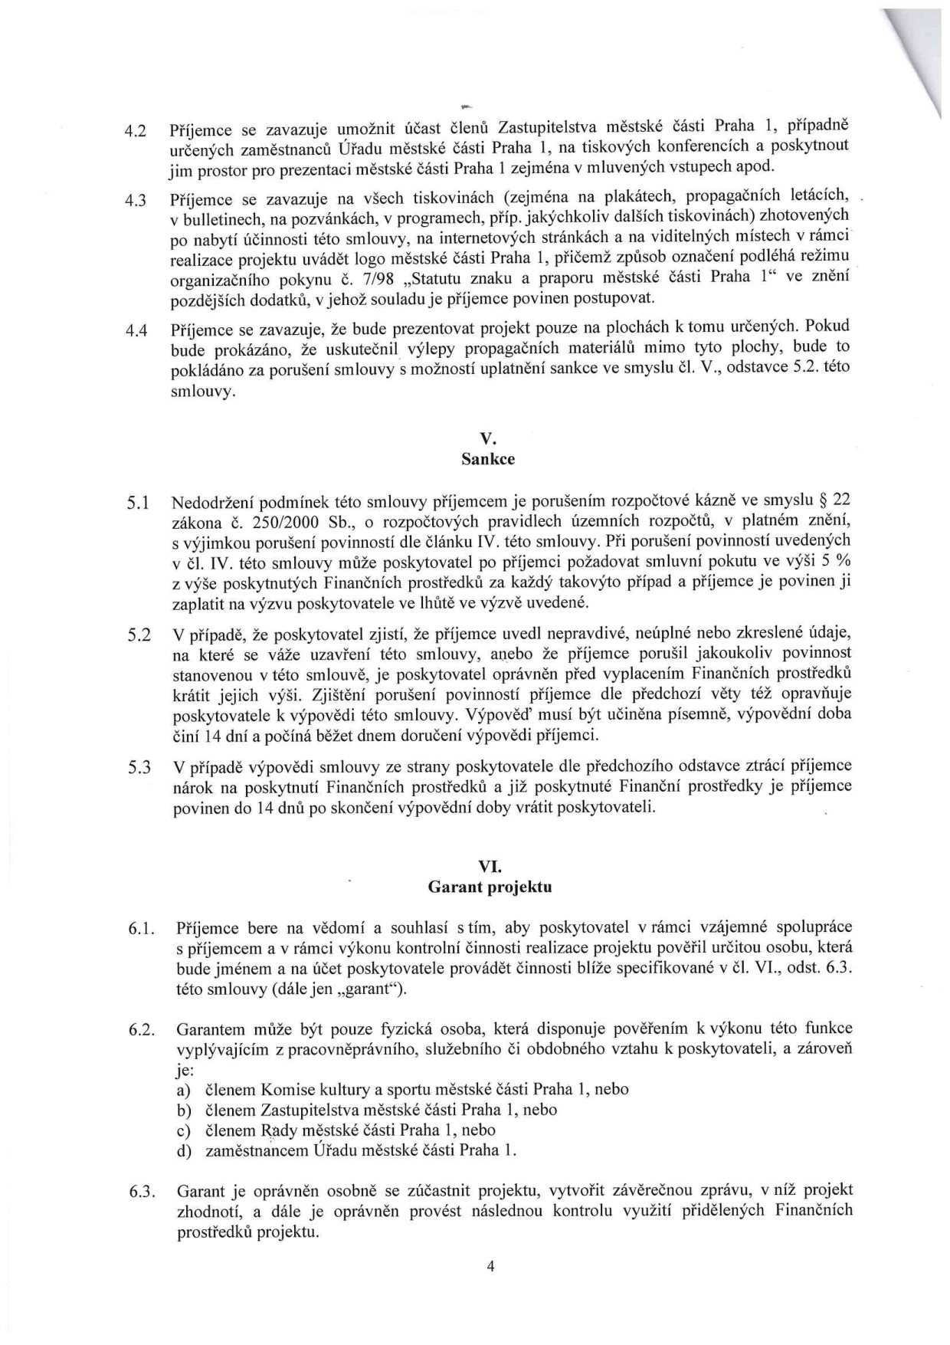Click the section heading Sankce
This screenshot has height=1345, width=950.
point(488,460)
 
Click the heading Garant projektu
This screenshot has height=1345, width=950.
point(490,887)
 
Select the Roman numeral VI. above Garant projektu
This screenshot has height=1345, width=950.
point(489,867)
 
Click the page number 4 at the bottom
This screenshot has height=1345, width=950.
point(490,1266)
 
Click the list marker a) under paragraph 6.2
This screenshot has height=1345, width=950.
point(184,1090)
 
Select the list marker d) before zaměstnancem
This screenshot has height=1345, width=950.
point(184,1151)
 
